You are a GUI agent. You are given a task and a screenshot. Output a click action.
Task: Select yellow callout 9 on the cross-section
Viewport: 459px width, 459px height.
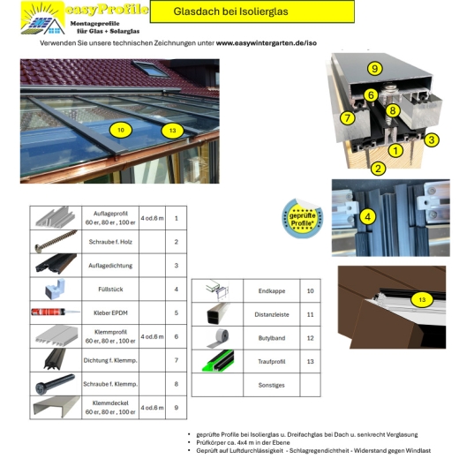click(x=374, y=69)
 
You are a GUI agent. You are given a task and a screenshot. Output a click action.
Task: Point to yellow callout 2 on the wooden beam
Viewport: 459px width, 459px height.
click(x=378, y=167)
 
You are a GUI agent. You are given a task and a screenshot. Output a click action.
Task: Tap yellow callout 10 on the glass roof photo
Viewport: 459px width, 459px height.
click(x=121, y=130)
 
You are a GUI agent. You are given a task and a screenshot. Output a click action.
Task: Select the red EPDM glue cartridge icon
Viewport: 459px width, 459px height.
click(x=56, y=312)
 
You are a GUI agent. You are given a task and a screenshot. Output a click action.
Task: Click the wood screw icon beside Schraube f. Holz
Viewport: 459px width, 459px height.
click(x=56, y=241)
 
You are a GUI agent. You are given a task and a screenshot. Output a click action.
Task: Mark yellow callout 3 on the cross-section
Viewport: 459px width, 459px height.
click(x=432, y=139)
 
